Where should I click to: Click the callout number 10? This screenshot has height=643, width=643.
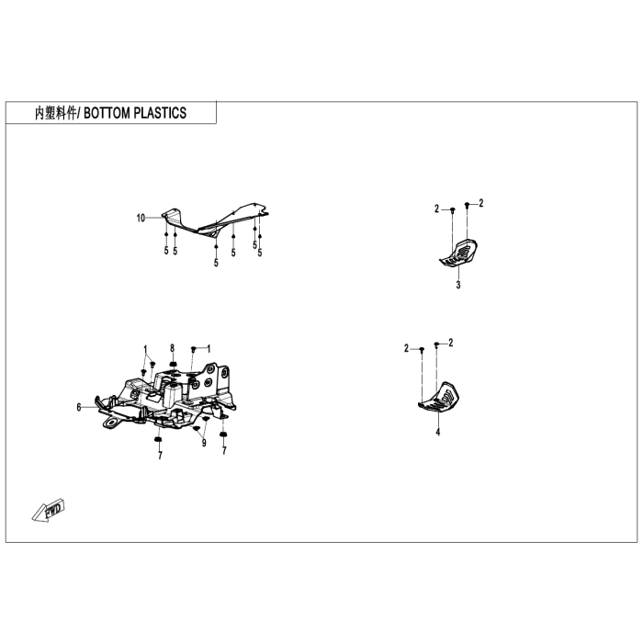pos(141,218)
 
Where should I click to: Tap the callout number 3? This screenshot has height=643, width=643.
pos(457,286)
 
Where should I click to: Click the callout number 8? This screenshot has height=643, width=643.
pos(172,347)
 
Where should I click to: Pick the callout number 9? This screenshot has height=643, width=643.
pos(204,444)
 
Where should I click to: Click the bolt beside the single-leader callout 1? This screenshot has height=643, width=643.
pos(193,349)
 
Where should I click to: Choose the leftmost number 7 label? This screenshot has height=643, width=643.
pos(159,456)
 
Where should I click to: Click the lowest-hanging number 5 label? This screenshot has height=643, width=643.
pos(216,263)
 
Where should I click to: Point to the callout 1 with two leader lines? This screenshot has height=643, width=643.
pos(145,347)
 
